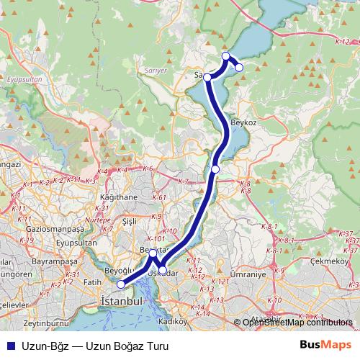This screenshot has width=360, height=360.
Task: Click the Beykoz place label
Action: tap(245, 122)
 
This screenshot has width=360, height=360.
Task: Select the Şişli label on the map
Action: tap(130, 221)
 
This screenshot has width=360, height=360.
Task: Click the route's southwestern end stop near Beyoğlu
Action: tap(120, 284)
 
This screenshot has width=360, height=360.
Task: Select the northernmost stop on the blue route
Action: tap(226, 55)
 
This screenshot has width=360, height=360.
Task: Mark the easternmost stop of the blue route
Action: tap(239, 68)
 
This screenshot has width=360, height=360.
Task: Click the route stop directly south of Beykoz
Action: tap(215, 169)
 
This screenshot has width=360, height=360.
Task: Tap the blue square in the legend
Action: tap(11, 346)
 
